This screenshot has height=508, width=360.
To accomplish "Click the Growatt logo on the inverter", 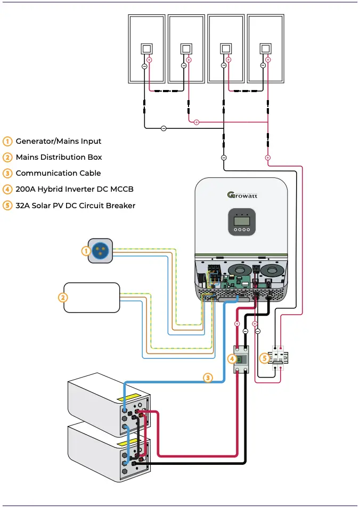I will click(x=242, y=194).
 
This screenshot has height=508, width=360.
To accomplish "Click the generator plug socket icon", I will click(x=100, y=251).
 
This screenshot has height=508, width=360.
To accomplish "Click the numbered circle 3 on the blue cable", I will click(x=208, y=378).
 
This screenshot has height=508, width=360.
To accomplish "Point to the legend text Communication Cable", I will click(x=58, y=173).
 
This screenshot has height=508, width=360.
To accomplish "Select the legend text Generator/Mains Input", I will click(x=58, y=141).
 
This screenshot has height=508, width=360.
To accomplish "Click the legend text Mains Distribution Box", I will click(x=59, y=157).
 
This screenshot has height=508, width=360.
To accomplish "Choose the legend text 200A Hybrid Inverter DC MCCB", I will click(x=74, y=189).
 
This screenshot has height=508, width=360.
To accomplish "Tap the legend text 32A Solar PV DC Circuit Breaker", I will click(x=75, y=205).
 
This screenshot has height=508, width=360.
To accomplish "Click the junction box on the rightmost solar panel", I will click(x=265, y=49).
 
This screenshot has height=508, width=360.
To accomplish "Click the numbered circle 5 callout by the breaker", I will click(x=264, y=358).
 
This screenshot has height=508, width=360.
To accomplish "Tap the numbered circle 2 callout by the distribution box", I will click(x=63, y=298).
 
